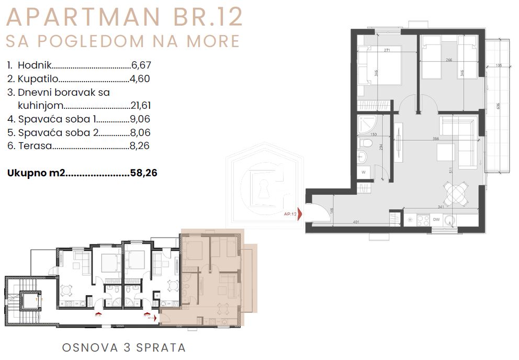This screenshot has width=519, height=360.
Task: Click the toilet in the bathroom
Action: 367,142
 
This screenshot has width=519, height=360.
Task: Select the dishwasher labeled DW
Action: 436,220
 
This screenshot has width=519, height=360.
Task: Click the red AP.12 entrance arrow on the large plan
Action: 300,214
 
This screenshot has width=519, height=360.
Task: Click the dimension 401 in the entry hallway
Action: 356,222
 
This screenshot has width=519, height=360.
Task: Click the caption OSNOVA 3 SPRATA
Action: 124,347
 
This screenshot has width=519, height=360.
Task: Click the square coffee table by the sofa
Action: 446,152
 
